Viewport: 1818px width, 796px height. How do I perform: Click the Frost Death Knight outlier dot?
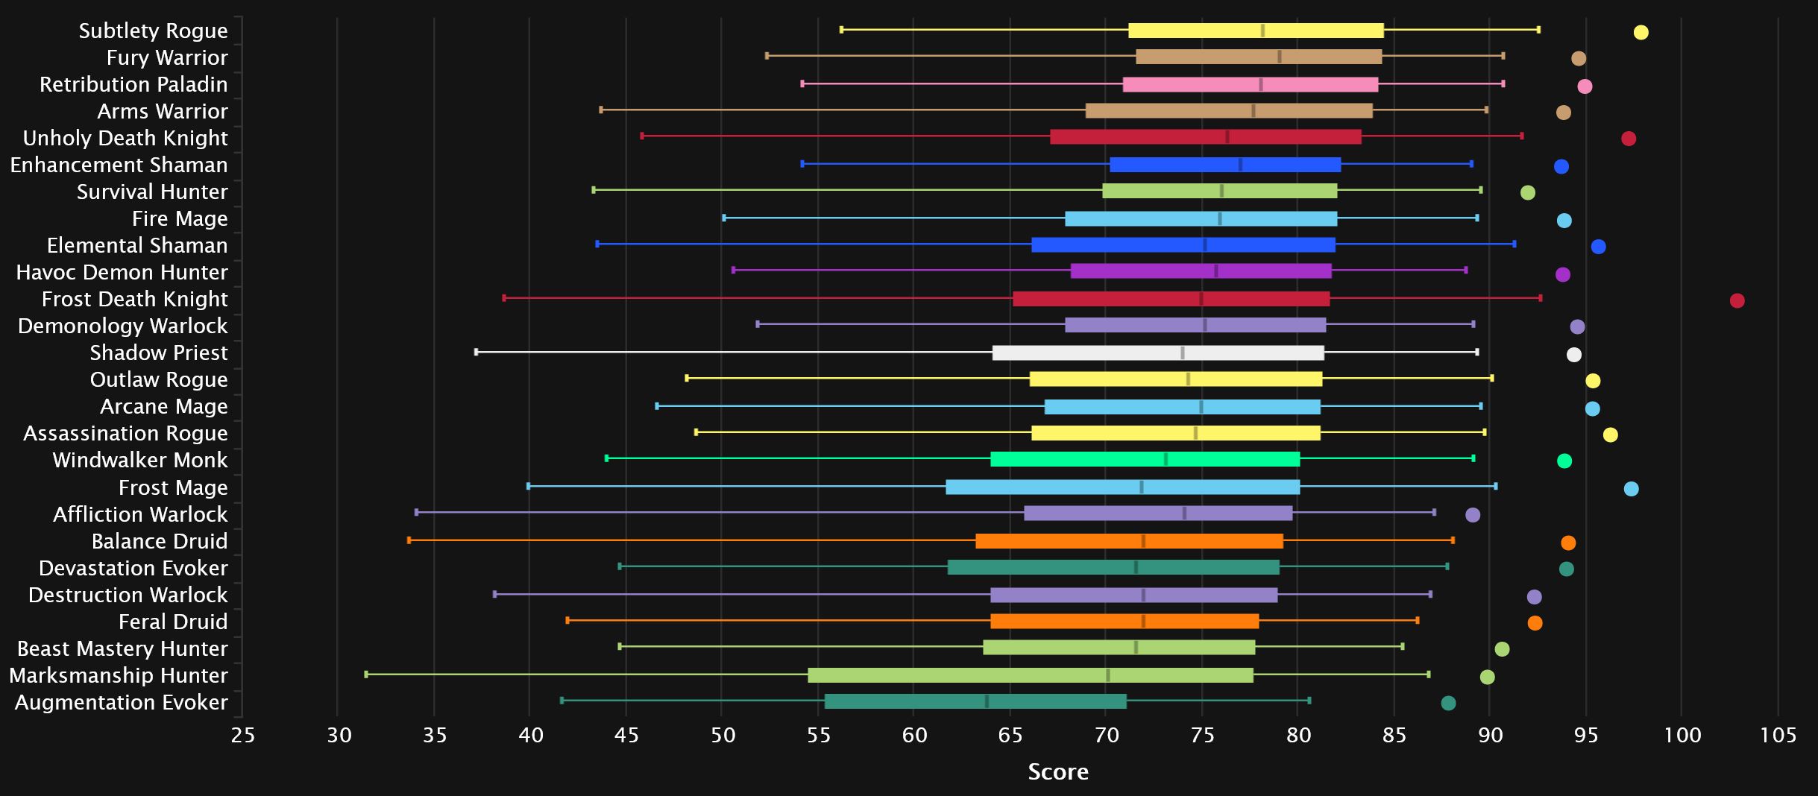click(x=1737, y=300)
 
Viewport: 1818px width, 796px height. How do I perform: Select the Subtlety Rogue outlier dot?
click(x=1641, y=32)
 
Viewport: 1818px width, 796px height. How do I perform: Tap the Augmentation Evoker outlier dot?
click(x=1448, y=703)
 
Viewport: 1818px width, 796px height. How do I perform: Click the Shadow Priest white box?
click(x=1157, y=353)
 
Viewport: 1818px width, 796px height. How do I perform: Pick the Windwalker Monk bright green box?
click(x=1145, y=459)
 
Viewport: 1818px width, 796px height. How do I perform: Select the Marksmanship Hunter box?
click(x=1030, y=675)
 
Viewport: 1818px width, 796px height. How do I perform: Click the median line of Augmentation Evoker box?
click(x=987, y=701)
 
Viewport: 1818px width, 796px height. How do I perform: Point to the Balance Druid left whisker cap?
click(x=409, y=540)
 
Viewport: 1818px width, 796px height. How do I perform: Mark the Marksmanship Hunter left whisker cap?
click(x=365, y=675)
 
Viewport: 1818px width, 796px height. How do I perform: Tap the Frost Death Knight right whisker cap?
click(x=1540, y=298)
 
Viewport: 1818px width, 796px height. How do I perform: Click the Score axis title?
click(x=1057, y=771)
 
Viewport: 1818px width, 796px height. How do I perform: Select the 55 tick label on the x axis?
click(x=818, y=736)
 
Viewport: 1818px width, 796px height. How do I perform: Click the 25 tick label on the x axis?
click(x=242, y=736)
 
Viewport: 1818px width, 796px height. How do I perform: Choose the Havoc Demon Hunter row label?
click(x=122, y=272)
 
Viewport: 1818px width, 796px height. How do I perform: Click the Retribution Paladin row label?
click(x=133, y=84)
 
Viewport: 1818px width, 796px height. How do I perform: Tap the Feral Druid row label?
click(x=173, y=622)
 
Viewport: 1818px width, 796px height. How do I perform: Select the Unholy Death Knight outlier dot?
click(x=1629, y=139)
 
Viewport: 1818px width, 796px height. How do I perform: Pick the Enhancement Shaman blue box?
click(x=1224, y=165)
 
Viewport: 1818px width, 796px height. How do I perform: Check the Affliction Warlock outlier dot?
click(x=1472, y=515)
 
